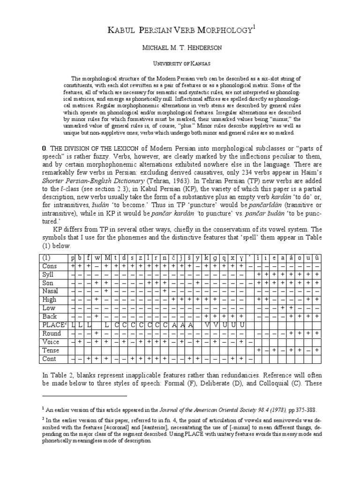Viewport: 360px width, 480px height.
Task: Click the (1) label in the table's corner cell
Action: click(46, 258)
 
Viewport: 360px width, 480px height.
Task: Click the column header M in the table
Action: click(107, 258)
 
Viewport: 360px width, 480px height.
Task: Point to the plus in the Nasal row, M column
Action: click(107, 291)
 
